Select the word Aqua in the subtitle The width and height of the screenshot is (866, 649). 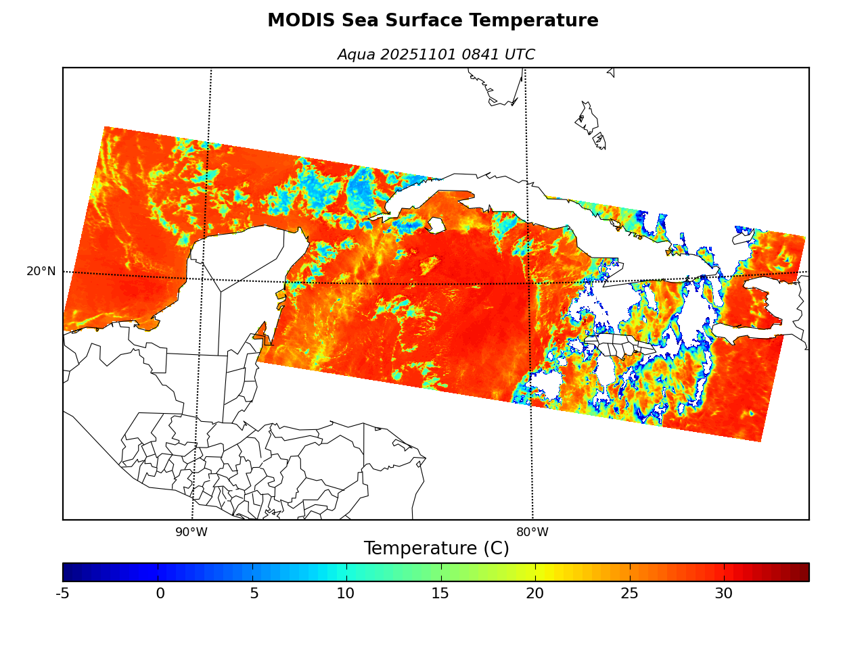pos(356,55)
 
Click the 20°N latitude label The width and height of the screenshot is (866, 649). pos(41,272)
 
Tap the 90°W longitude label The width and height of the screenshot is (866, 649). pos(191,533)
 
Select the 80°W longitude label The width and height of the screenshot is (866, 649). pos(532,533)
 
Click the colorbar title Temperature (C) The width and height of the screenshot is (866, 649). pos(436,548)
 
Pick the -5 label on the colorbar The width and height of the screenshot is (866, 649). pos(62,594)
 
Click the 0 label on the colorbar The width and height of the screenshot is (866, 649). pos(160,594)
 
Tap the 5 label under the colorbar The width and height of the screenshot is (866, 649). pos(254,594)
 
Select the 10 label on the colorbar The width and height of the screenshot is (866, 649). pos(346,594)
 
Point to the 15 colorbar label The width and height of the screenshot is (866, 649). pos(440,594)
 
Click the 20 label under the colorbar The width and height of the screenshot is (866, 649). pos(534,594)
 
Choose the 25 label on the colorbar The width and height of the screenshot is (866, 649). pos(629,594)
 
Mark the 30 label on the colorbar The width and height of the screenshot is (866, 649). pos(723,594)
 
